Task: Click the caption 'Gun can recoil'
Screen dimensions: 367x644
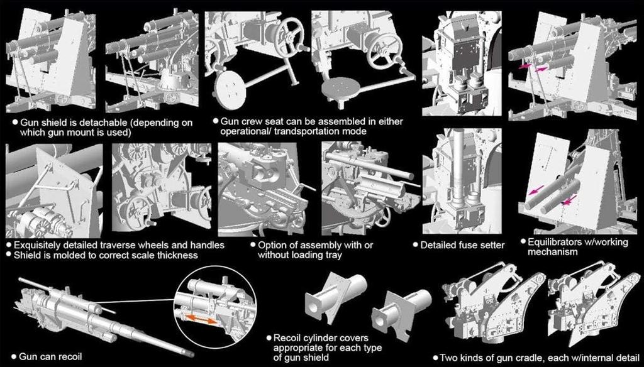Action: coord(51,356)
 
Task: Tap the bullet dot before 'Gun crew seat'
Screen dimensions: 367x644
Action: coord(216,122)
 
